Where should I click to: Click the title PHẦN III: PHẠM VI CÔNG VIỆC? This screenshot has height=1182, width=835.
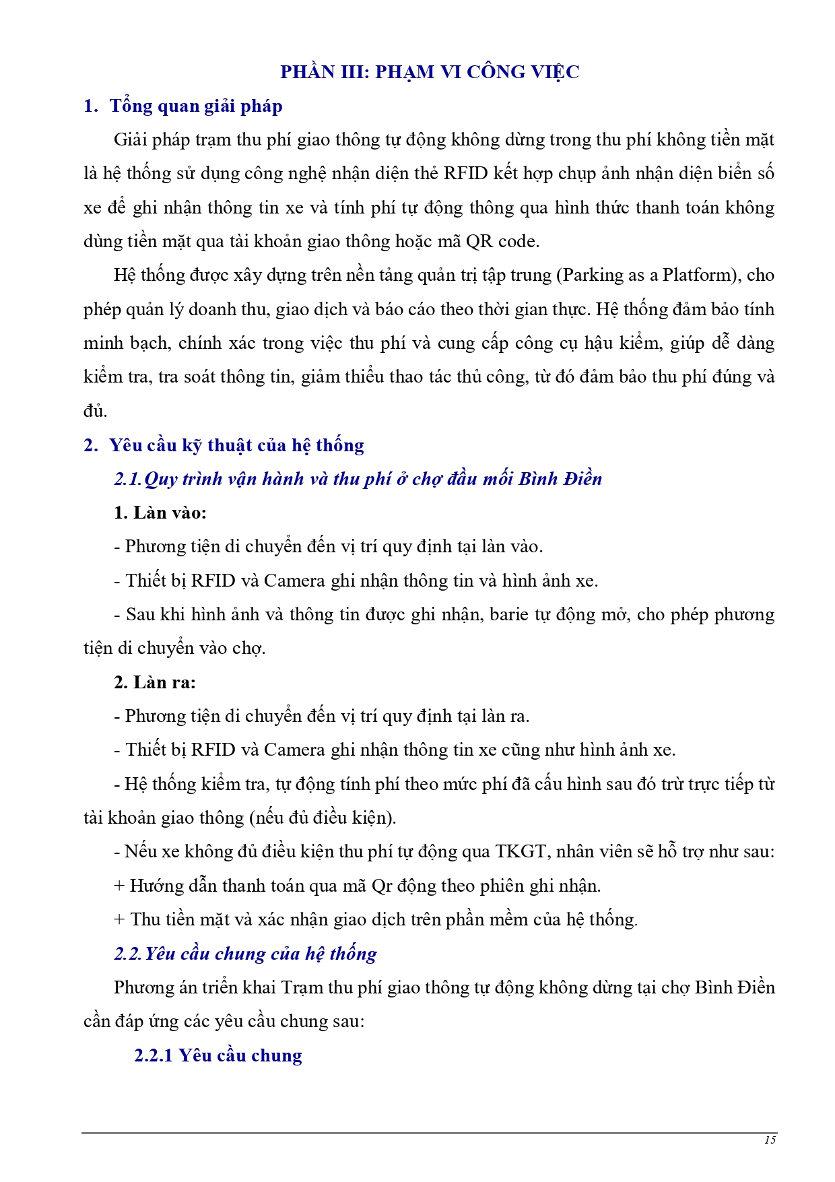430,72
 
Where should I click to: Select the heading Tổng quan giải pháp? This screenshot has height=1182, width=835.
195,106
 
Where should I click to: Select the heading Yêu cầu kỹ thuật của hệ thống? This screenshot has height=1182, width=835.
236,445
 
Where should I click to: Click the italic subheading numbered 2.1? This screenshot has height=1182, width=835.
358,479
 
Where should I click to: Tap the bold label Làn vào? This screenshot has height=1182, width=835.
160,513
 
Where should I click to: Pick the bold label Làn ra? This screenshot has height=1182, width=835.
155,682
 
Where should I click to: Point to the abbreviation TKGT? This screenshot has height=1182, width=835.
521,851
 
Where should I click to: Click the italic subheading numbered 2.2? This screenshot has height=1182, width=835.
245,954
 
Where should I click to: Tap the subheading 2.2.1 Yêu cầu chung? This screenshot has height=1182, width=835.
218,1055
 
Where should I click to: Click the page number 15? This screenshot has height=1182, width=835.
770,1140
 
